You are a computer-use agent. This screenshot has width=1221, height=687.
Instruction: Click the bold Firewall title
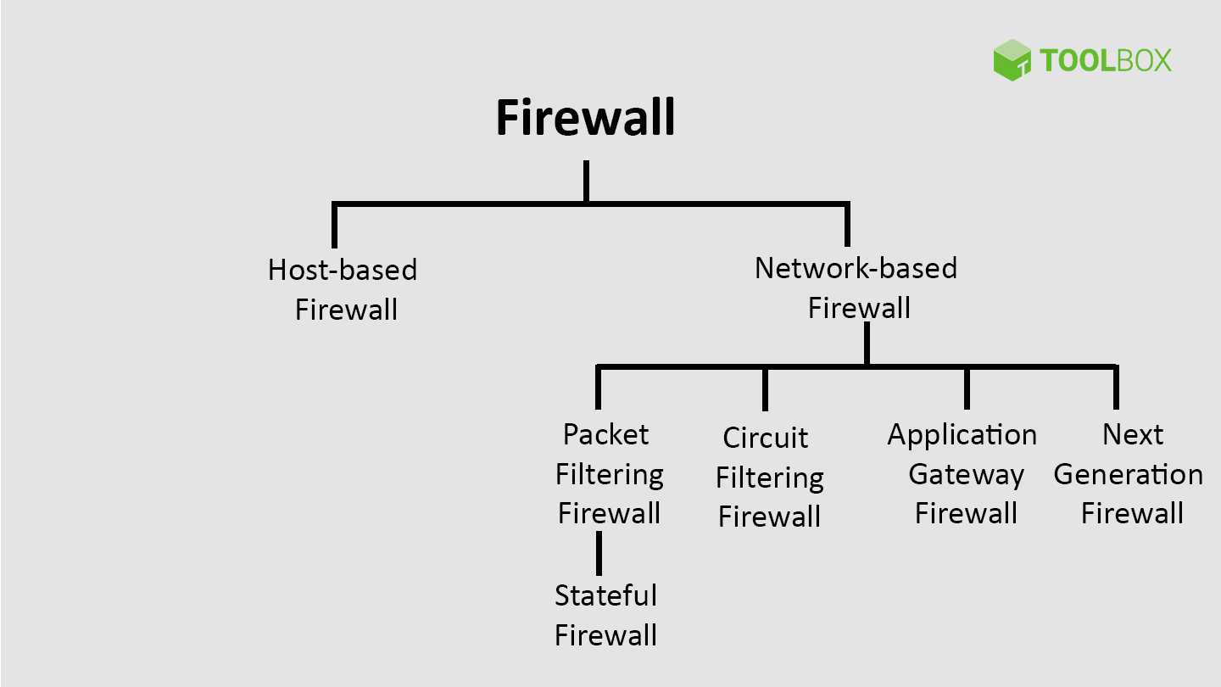pos(585,117)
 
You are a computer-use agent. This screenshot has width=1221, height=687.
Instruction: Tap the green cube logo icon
pos(1012,60)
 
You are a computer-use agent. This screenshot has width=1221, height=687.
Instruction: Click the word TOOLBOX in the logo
pos(1105,60)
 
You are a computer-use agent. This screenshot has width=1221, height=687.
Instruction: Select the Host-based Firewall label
pos(343,289)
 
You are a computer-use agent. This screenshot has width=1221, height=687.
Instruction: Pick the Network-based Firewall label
pos(856,288)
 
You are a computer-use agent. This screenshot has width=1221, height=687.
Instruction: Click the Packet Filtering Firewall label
pos(608,473)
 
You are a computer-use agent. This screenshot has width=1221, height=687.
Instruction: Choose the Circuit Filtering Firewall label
pos(768,477)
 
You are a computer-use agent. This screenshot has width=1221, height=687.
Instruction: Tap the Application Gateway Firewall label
pos(963,473)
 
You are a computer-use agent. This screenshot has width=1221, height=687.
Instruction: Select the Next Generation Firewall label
pos(1129,473)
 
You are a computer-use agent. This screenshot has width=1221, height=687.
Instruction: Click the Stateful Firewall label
pos(605,615)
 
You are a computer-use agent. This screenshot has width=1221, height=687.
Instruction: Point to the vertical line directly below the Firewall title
pos(586,181)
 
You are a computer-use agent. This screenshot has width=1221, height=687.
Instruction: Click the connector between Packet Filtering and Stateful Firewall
pos(599,553)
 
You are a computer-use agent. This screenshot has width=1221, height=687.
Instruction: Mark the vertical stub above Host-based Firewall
pos(335,226)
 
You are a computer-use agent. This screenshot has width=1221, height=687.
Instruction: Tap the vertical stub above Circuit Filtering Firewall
pos(765,388)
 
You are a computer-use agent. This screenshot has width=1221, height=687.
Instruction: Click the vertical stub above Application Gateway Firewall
pos(967,388)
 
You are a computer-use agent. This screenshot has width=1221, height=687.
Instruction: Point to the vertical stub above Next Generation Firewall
pos(1116,388)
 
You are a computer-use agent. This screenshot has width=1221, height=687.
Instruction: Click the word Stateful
pos(605,595)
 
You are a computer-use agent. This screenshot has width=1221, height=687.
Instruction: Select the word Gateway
pos(966,474)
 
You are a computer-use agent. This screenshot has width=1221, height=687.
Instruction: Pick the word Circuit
pos(766,438)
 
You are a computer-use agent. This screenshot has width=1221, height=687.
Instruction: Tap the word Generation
pos(1129,474)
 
